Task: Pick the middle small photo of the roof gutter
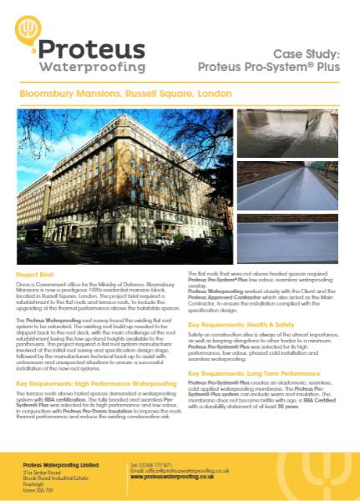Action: (286, 185)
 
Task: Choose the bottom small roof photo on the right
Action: (286, 238)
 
